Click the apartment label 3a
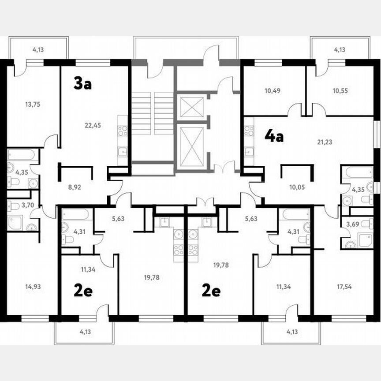pos(82,83)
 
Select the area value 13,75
pos(33,105)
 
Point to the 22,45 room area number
pos(93,125)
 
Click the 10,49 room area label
pos(273,91)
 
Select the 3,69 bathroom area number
pos(352,224)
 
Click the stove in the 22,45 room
pos(123,131)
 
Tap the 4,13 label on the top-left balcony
pos(38,50)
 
